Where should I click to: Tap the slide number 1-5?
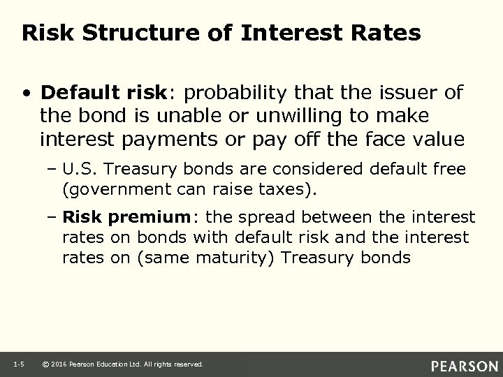click(x=19, y=364)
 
